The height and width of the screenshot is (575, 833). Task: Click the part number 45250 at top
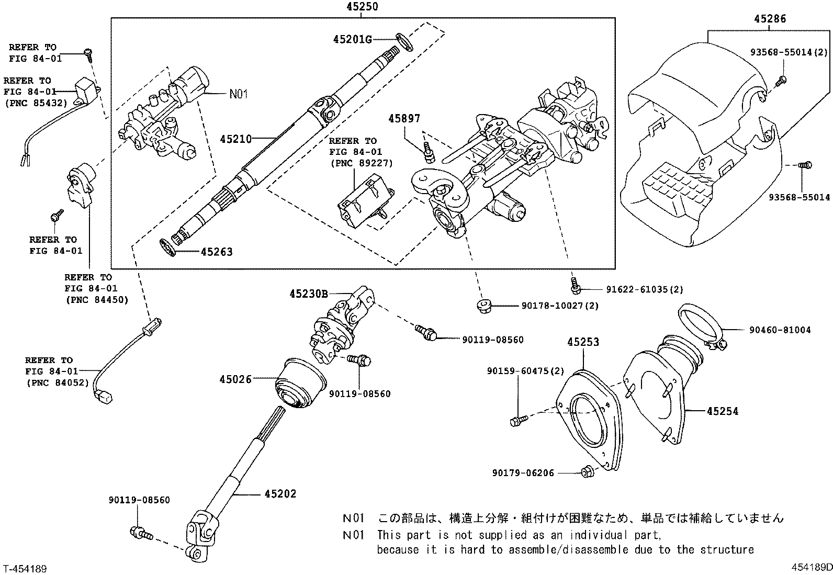tap(362, 7)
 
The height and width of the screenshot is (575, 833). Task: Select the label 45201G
tap(352, 39)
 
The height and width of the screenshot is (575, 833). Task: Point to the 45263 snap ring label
tap(217, 252)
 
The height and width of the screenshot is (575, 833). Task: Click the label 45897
tap(404, 119)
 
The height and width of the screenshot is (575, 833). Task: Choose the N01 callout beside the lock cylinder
tap(238, 94)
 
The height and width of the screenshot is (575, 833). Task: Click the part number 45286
tap(770, 19)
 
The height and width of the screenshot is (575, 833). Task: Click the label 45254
tap(722, 411)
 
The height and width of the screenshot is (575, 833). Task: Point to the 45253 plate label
tap(583, 342)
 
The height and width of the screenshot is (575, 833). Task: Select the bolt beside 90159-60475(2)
tap(516, 420)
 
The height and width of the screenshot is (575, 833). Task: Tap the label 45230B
tap(308, 294)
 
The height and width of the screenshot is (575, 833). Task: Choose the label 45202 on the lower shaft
tap(280, 493)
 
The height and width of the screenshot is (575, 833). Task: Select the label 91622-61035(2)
tap(645, 289)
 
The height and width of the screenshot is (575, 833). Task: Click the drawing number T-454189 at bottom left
tap(25, 568)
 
